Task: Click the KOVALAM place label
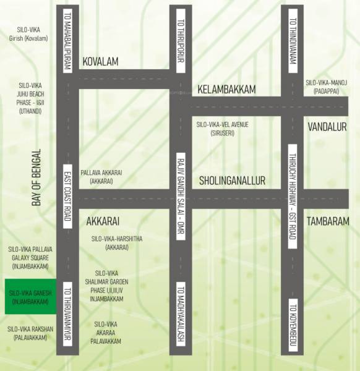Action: point(100,62)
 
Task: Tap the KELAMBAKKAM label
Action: point(226,90)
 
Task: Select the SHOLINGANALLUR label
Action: point(232,181)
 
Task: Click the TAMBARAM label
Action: point(328,221)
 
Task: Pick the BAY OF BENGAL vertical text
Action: point(36,178)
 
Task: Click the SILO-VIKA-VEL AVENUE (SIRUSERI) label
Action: point(223,129)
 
